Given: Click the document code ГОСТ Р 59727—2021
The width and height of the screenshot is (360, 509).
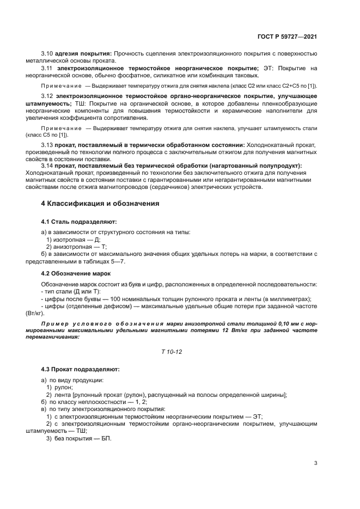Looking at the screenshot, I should click(287, 36).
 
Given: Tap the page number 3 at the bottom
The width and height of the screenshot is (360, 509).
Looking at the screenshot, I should click(315, 463).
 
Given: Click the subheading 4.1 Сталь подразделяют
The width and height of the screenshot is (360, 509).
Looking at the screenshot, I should click(78, 222).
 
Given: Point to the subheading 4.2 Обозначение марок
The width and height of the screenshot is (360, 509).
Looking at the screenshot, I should click(76, 273).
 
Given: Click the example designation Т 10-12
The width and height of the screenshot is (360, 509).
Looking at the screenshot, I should click(172, 352).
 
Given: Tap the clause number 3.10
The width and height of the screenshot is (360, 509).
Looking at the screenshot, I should click(47, 53).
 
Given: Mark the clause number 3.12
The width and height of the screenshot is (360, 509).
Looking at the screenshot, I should click(47, 96).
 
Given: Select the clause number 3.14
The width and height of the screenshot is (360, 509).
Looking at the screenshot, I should click(47, 165).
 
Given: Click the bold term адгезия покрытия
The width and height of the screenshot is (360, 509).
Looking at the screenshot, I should click(83, 53).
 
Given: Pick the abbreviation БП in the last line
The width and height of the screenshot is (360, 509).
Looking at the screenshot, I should click(106, 439).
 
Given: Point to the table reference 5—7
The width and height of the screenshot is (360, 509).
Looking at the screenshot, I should click(117, 261).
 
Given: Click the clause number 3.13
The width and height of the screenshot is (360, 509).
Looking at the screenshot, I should click(47, 145).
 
